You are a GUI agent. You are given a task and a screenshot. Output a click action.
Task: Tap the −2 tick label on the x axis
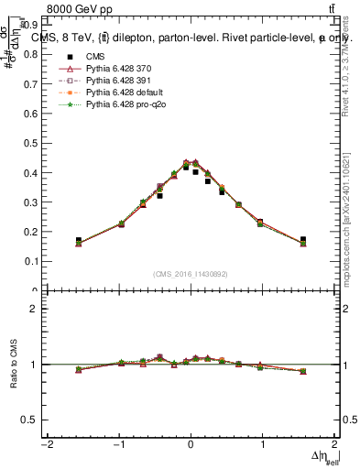click(46, 444)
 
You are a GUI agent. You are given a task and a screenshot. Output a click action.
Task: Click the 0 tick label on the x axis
click(191, 444)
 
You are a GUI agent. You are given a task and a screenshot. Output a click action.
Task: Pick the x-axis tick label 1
click(263, 444)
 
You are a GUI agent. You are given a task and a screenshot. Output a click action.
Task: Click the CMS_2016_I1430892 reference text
click(191, 274)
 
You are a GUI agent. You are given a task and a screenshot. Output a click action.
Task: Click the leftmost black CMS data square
click(79, 240)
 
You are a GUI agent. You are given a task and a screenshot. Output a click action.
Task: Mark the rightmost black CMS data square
click(303, 239)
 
